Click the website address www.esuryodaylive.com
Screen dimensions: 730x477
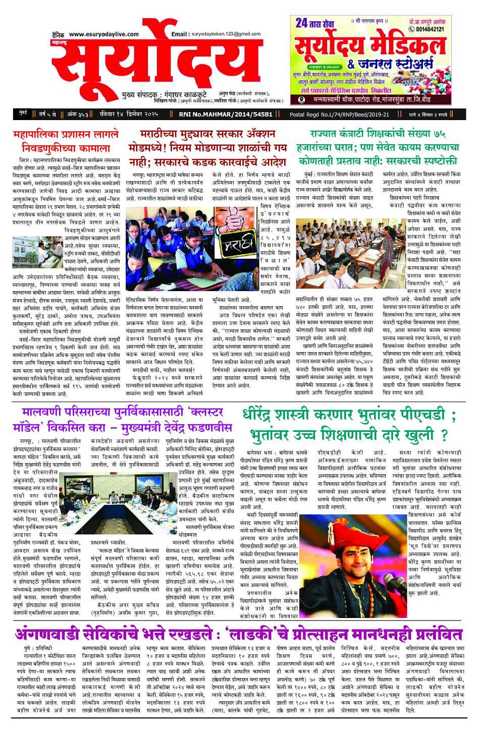click(103, 34)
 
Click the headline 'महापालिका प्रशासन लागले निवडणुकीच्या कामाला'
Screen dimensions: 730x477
click(66, 141)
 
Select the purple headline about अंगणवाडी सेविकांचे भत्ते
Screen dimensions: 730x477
click(238, 634)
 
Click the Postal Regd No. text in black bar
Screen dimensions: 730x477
click(339, 115)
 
